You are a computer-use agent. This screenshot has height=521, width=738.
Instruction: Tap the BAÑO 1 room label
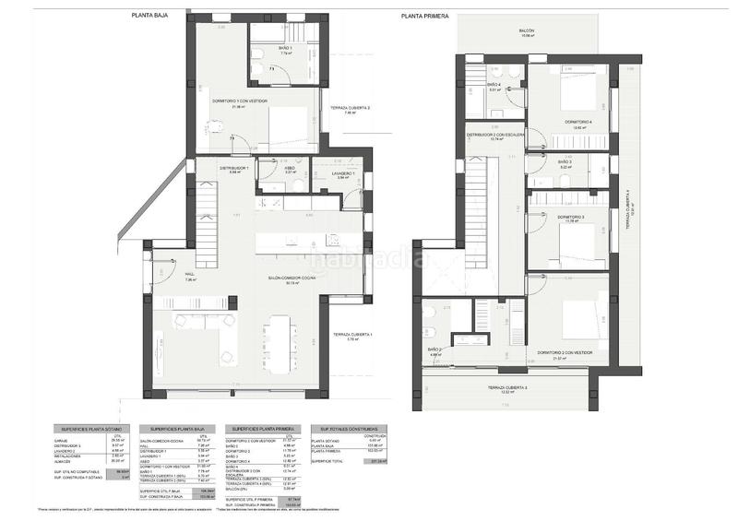coord(285,49)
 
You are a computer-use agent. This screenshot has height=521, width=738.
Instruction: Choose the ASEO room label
coord(289,169)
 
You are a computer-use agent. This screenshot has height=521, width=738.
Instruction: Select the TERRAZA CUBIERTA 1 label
coord(346,335)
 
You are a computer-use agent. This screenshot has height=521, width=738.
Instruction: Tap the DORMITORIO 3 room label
coord(571,217)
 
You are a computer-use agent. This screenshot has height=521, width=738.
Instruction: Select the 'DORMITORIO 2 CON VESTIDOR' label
coord(565,352)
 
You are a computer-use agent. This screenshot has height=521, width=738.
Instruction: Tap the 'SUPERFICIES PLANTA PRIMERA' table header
coord(265,428)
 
